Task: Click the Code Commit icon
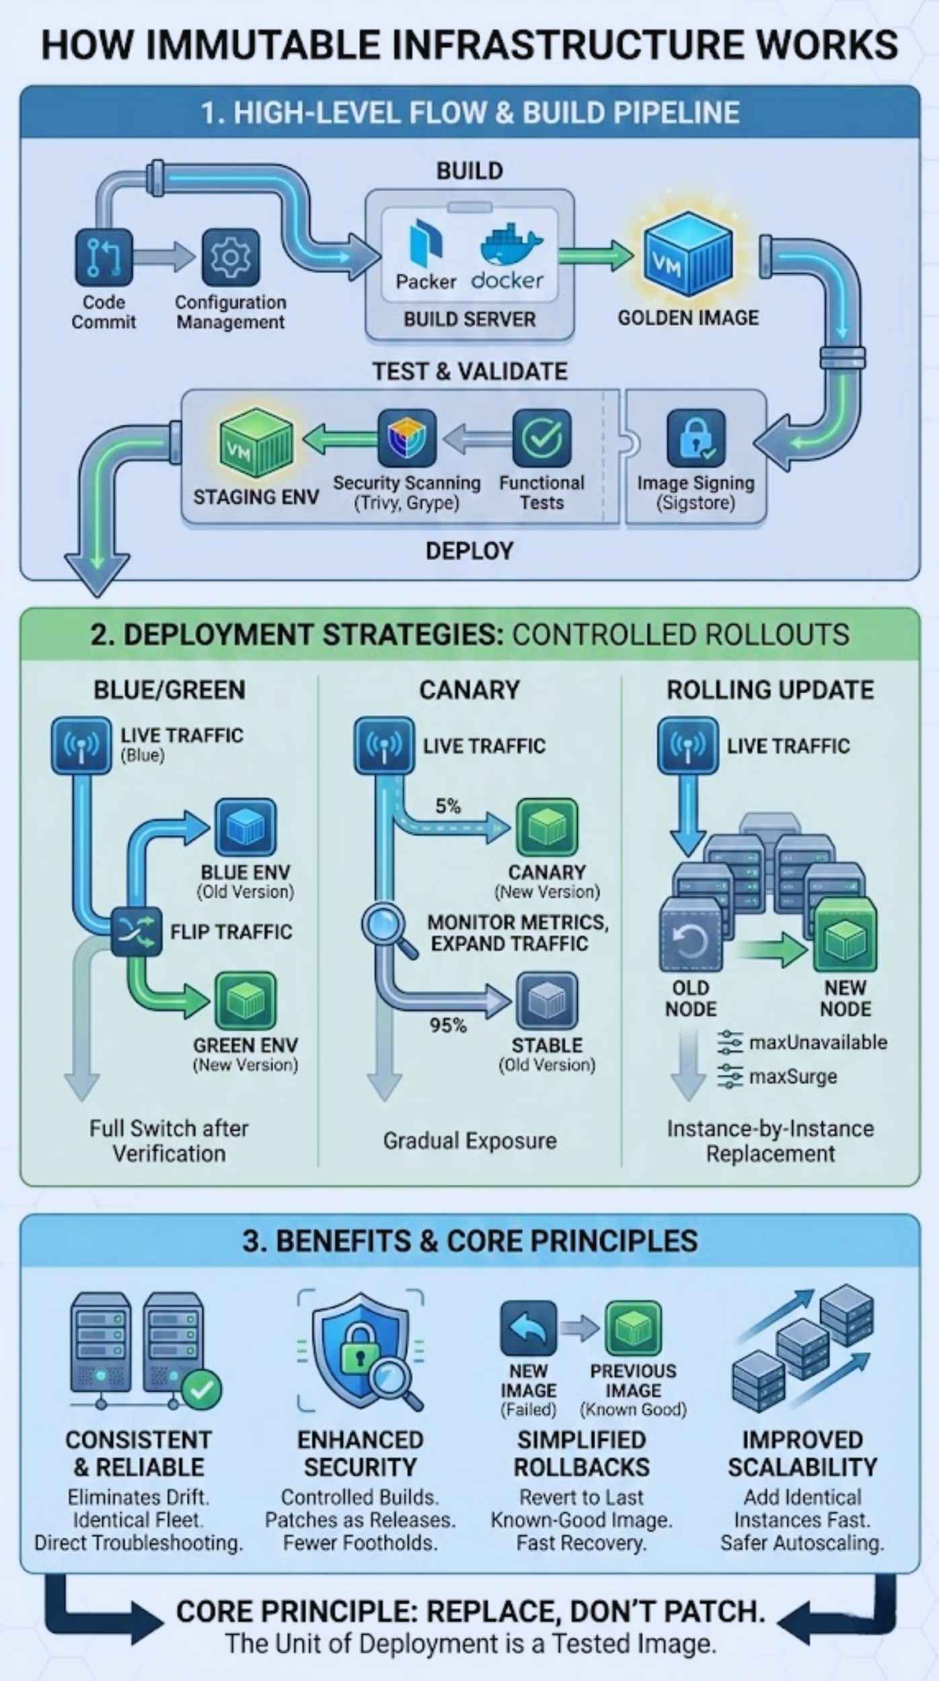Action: [x=104, y=258]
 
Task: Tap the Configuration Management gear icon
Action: [x=231, y=258]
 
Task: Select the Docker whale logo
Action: [x=509, y=246]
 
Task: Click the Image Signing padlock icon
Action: [x=696, y=438]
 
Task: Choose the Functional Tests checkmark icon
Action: [x=541, y=438]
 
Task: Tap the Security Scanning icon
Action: [x=406, y=438]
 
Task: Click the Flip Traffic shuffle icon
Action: [x=136, y=931]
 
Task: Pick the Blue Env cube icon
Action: [x=246, y=827]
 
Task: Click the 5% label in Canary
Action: [x=448, y=806]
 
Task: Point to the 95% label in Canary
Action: [x=448, y=1025]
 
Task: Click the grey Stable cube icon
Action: [x=547, y=1001]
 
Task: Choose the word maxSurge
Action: [x=793, y=1077]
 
